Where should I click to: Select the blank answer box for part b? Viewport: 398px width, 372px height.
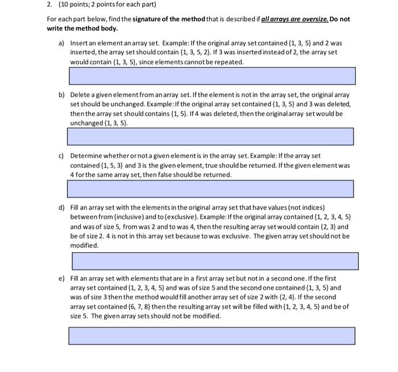(210, 136)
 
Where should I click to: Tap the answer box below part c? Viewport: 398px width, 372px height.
(210, 189)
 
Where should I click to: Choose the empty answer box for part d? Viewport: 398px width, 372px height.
(215, 261)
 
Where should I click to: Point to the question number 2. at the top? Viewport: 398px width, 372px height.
(49, 5)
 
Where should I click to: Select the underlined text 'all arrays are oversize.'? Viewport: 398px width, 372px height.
(293, 19)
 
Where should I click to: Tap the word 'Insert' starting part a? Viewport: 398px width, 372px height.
(79, 43)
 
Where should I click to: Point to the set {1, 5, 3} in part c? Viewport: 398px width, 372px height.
(112, 165)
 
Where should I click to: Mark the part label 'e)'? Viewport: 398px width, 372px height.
(61, 279)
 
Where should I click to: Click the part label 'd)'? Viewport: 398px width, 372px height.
(61, 208)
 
